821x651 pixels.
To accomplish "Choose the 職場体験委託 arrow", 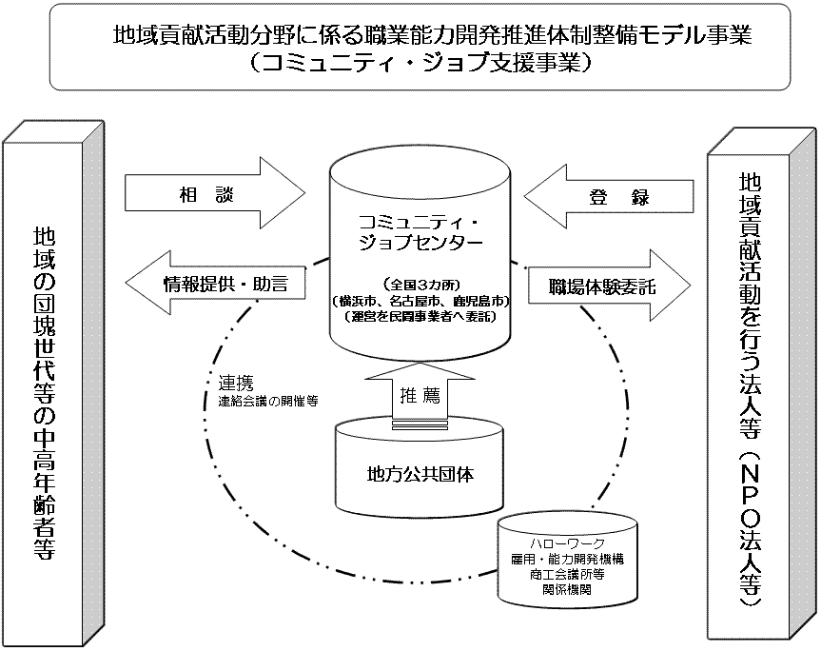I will [598, 285].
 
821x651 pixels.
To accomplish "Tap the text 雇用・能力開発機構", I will [566, 559].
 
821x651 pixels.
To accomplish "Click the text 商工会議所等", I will [566, 574].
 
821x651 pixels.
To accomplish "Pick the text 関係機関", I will [566, 589].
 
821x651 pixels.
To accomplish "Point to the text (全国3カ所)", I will [420, 284].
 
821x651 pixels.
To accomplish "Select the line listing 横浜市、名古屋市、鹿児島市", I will [420, 300].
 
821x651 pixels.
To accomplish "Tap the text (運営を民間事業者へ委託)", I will [420, 315].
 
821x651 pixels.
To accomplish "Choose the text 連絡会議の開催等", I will [267, 401].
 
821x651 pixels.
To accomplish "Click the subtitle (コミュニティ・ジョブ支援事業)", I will [419, 64].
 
